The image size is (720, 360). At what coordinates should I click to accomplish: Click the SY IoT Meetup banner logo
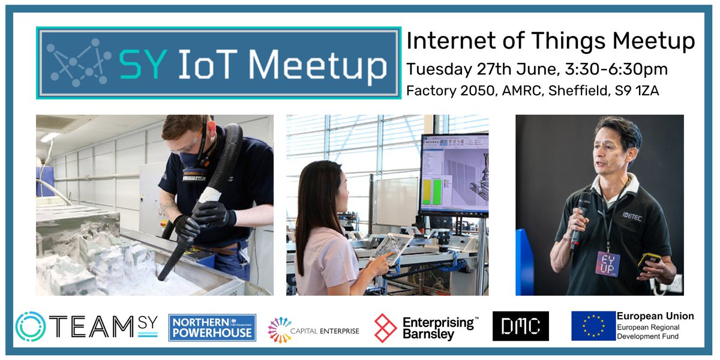pyautogui.click(x=219, y=62)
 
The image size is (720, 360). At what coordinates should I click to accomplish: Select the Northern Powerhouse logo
pyautogui.click(x=212, y=328)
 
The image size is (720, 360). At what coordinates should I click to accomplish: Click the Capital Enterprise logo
pyautogui.click(x=313, y=329)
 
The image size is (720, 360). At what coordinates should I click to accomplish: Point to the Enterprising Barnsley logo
pyautogui.click(x=426, y=328)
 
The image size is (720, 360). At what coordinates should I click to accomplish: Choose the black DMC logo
pyautogui.click(x=520, y=326)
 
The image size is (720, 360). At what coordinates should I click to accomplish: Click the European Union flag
pyautogui.click(x=593, y=326)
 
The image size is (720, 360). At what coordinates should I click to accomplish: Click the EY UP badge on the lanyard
pyautogui.click(x=607, y=264)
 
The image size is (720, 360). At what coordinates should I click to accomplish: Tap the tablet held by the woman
pyautogui.click(x=389, y=248)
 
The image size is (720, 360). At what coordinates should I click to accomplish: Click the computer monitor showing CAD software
pyautogui.click(x=454, y=175)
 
